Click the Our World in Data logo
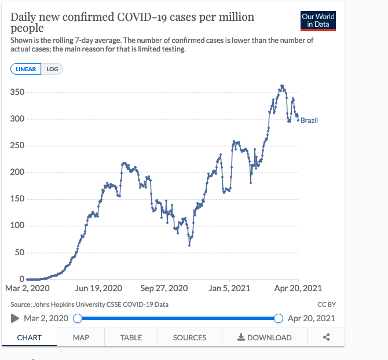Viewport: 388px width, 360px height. pyautogui.click(x=319, y=20)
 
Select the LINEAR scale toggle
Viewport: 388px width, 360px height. pyautogui.click(x=26, y=69)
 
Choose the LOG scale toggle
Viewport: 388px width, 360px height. pyautogui.click(x=52, y=69)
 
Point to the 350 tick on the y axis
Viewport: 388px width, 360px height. pyautogui.click(x=18, y=93)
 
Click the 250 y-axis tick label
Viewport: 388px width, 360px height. pyautogui.click(x=18, y=146)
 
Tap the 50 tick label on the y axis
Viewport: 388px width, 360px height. pyautogui.click(x=20, y=253)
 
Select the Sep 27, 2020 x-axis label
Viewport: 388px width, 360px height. pyautogui.click(x=164, y=288)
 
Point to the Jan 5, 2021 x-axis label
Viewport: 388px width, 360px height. pyautogui.click(x=229, y=288)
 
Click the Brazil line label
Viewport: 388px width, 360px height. pyautogui.click(x=309, y=120)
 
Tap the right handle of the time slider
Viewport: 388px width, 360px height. pyautogui.click(x=279, y=318)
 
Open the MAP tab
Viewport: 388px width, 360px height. pyautogui.click(x=81, y=337)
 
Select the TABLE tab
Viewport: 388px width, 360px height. pyautogui.click(x=131, y=337)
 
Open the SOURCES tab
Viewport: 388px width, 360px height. pyautogui.click(x=189, y=337)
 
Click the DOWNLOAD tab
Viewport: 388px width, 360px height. pyautogui.click(x=265, y=337)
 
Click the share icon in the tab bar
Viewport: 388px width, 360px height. pyautogui.click(x=326, y=337)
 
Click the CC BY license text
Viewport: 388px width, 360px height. pyautogui.click(x=327, y=304)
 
